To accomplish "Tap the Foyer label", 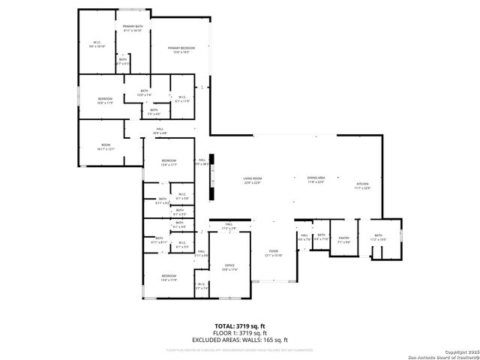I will [274, 253].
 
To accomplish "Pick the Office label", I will [230, 266].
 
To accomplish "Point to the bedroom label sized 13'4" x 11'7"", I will [169, 162].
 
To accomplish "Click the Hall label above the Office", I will [229, 226].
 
